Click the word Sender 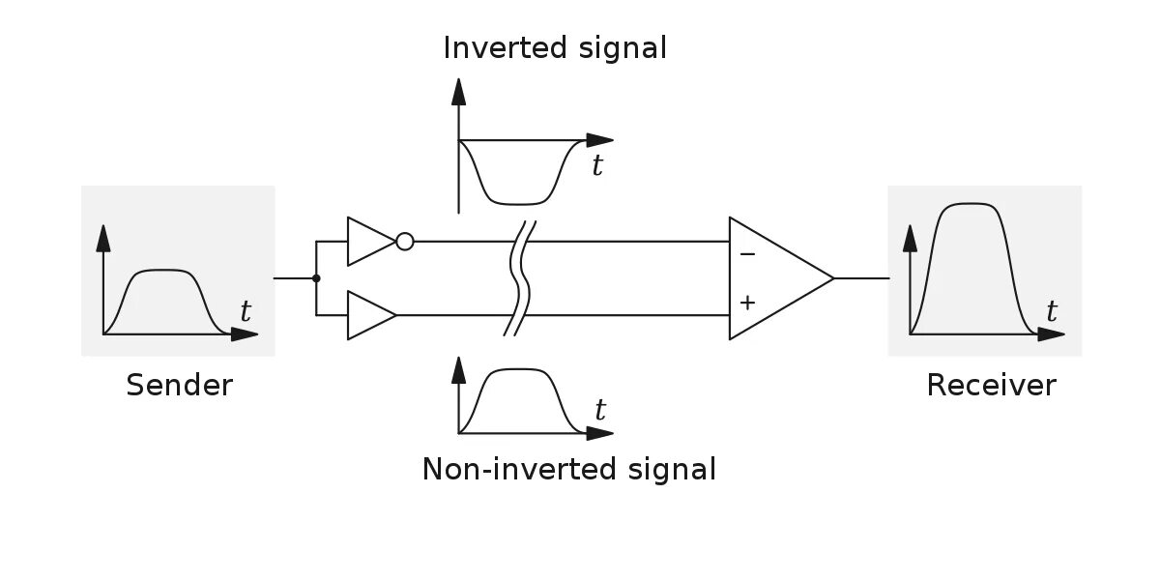(180, 386)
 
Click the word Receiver (991, 386)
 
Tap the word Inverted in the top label (501, 47)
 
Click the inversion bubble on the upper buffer (405, 242)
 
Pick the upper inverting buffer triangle (368, 242)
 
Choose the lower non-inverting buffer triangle (368, 315)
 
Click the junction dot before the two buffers (316, 278)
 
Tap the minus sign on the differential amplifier (746, 254)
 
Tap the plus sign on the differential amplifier (746, 303)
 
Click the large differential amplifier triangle (773, 278)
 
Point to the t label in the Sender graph (245, 312)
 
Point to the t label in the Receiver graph (1052, 312)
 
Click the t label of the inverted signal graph (597, 166)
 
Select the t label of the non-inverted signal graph (600, 411)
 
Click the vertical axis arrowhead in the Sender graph (103, 236)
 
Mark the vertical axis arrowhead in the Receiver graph (910, 236)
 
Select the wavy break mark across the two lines (520, 278)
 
